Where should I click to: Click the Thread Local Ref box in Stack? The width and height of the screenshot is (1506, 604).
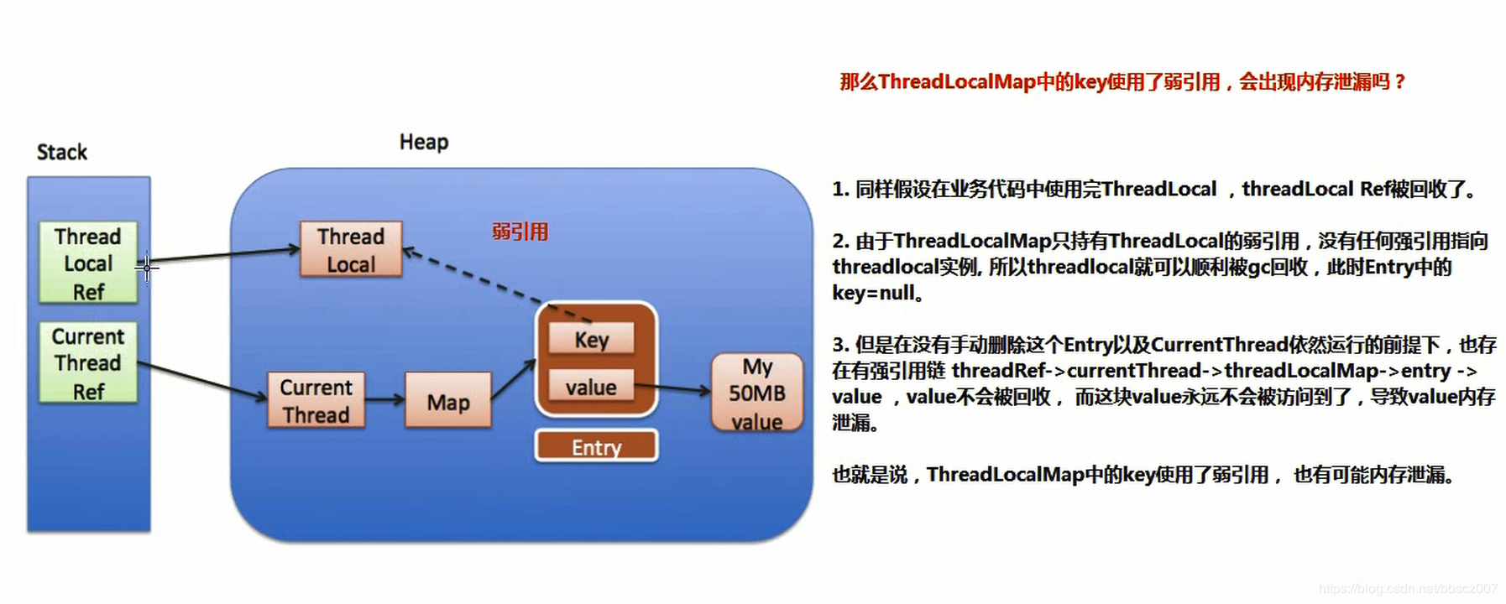click(88, 263)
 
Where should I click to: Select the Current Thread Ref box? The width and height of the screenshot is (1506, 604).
click(88, 363)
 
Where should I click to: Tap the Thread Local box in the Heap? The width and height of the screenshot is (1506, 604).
click(351, 250)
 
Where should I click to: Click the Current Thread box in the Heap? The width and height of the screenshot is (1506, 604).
click(316, 401)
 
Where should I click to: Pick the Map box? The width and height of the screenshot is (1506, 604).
click(447, 402)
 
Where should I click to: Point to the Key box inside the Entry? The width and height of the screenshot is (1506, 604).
click(592, 340)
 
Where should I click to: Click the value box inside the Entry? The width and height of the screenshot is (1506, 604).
click(591, 387)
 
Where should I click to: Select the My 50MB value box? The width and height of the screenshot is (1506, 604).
click(756, 393)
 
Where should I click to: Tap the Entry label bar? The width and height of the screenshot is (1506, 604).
click(596, 447)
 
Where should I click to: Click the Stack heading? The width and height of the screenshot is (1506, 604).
click(61, 152)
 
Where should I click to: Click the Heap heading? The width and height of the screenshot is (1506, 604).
click(423, 142)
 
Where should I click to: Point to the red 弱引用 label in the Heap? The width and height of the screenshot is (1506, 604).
click(520, 232)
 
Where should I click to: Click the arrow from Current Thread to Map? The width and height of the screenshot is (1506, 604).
click(384, 400)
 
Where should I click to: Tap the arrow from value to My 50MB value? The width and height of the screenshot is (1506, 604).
click(672, 388)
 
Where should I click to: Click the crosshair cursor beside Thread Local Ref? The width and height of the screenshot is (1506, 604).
click(146, 268)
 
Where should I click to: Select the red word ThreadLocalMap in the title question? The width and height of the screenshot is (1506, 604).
click(957, 81)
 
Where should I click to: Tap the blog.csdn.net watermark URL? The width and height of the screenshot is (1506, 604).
click(1408, 589)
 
